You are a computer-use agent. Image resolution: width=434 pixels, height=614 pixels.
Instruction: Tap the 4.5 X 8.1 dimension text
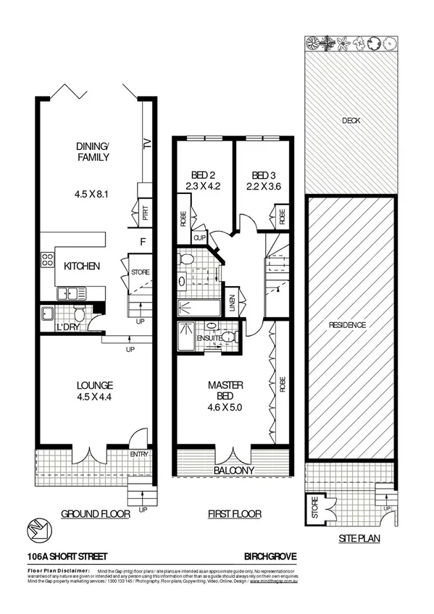(x=93, y=194)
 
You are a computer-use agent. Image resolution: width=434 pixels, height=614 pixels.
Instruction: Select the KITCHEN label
(x=81, y=266)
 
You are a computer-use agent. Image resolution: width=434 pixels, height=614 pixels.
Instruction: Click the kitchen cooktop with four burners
(x=49, y=261)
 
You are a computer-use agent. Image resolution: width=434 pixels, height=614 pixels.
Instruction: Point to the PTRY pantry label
(x=146, y=214)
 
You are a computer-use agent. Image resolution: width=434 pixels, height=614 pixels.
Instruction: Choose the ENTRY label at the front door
(x=139, y=454)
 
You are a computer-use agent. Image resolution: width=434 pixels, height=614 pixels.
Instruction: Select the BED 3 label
(x=262, y=175)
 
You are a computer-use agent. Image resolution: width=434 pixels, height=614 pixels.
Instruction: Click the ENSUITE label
(x=208, y=337)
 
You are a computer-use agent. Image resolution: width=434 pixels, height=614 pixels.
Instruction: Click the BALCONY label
(x=233, y=470)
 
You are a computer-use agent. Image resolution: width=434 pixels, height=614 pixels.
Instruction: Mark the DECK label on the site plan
(x=351, y=121)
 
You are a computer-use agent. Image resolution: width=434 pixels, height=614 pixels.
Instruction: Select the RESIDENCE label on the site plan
(x=351, y=325)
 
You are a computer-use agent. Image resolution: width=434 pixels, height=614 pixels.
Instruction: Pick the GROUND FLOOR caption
(x=95, y=514)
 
